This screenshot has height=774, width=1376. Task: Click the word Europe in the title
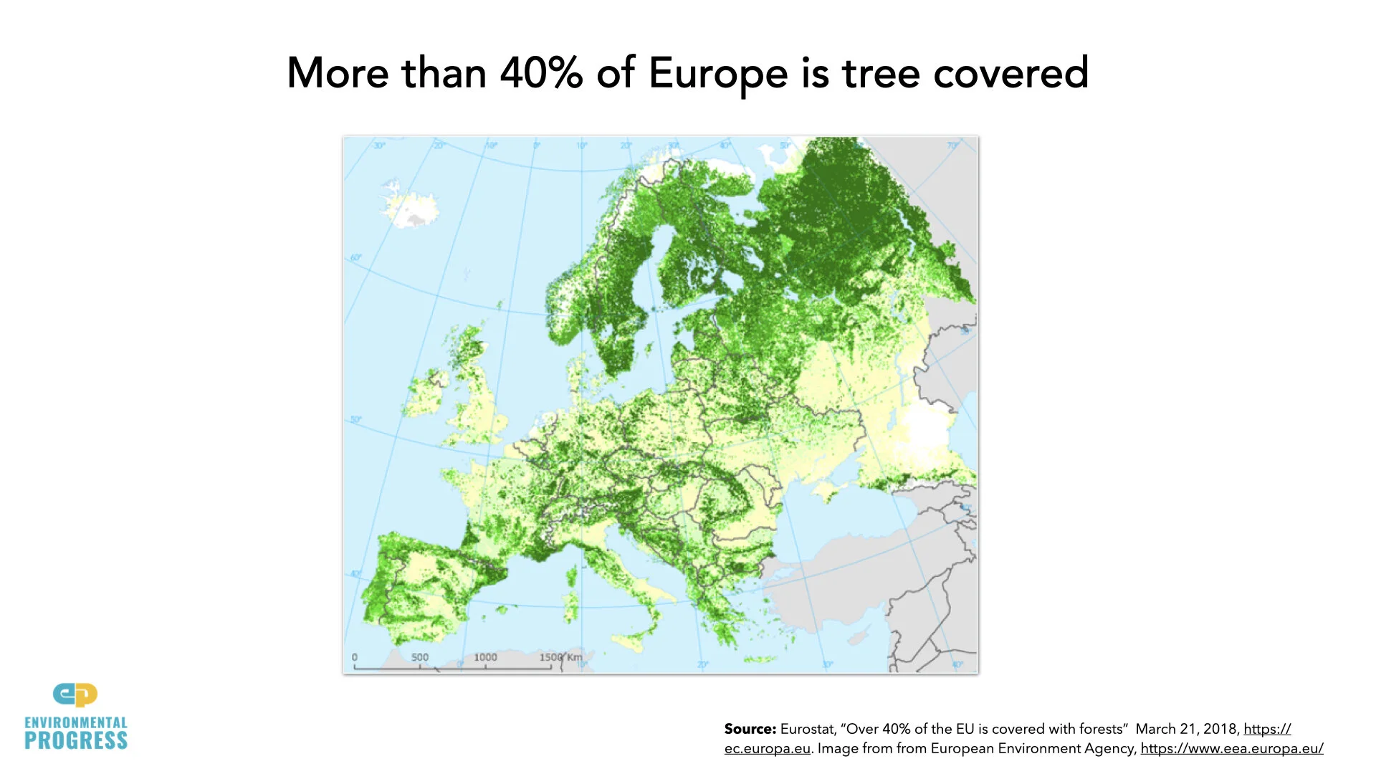click(717, 74)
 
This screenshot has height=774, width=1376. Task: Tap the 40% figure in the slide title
click(541, 73)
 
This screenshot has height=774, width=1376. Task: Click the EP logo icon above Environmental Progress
click(75, 694)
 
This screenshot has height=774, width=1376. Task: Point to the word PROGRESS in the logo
click(76, 741)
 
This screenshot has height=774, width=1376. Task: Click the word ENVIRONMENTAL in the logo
click(76, 722)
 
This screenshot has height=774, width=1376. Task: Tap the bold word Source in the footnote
click(750, 729)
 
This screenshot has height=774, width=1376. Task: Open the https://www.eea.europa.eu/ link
click(1231, 748)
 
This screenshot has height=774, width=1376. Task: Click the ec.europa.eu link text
click(767, 748)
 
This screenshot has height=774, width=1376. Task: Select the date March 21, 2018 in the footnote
click(1187, 729)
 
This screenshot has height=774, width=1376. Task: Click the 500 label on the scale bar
click(420, 657)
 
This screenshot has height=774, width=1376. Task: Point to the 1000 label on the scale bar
click(485, 657)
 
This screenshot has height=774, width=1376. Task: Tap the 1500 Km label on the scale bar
click(561, 657)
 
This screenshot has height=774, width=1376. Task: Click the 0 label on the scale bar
click(355, 657)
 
